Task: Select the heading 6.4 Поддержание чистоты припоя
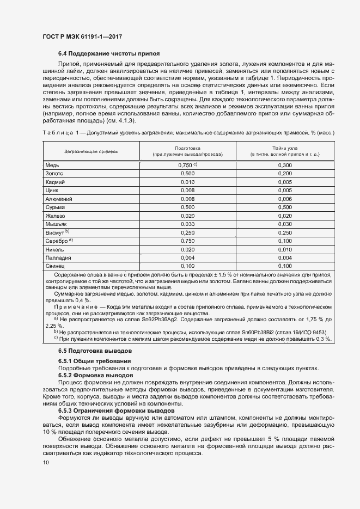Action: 109,54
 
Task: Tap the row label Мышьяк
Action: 56,224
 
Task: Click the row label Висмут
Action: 55,232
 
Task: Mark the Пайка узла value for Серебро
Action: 285,241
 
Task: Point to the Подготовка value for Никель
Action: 187,249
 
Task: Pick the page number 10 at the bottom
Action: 46,463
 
